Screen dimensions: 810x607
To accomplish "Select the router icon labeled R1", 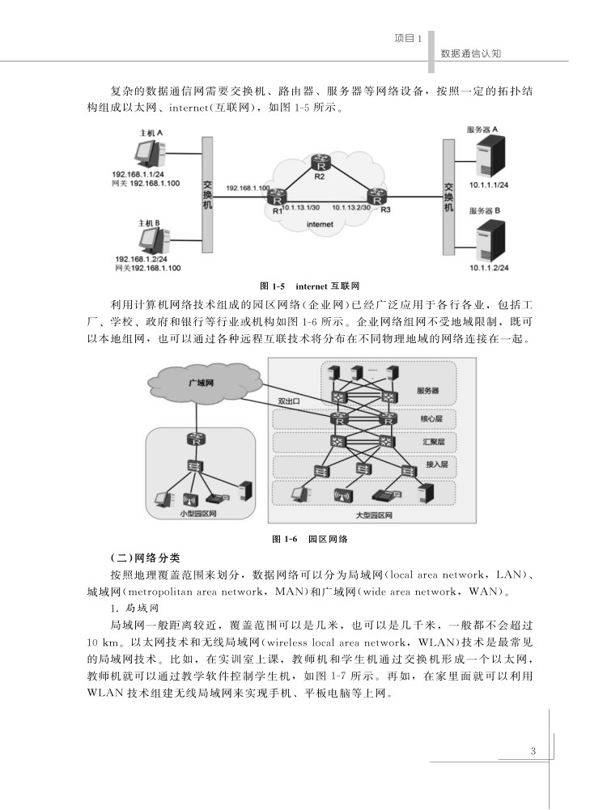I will [278, 197].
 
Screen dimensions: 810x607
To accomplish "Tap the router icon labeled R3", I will [376, 197].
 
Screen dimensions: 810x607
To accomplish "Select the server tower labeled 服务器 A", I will [489, 157].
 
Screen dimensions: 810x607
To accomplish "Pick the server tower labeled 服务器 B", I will [489, 236].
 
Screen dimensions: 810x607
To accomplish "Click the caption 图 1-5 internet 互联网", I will [308, 286].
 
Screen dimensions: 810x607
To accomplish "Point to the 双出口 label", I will [290, 400].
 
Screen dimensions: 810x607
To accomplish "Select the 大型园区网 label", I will [373, 515].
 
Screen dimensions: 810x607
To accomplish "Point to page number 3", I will [533, 750].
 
